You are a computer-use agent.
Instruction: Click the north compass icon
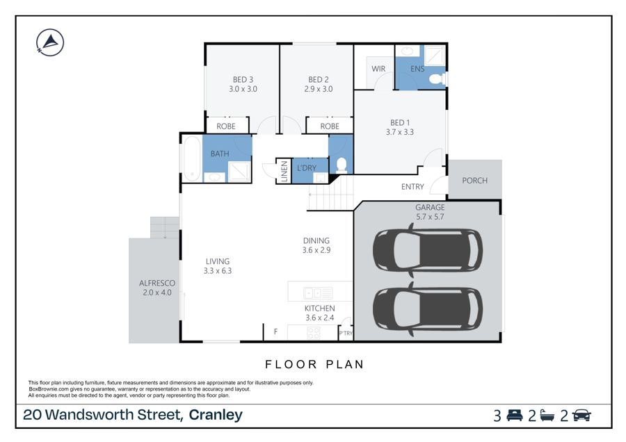[50, 42]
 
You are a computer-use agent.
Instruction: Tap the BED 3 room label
[243, 80]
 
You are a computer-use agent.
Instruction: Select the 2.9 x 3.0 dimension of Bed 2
[318, 89]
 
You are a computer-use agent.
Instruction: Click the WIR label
[378, 69]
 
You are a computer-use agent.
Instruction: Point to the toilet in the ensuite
[438, 79]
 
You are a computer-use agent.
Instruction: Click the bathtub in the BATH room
[192, 158]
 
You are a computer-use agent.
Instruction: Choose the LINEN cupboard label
[284, 171]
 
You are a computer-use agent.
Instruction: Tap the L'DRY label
[307, 168]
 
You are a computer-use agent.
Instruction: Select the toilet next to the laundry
[342, 165]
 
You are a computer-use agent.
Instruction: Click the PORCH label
[474, 180]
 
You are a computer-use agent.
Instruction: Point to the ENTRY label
[412, 187]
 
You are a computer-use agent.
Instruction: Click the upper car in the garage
[428, 250]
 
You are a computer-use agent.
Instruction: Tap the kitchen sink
[318, 293]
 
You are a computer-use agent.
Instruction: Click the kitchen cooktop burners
[314, 333]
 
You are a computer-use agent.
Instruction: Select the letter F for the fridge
[275, 331]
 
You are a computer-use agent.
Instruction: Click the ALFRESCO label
[157, 284]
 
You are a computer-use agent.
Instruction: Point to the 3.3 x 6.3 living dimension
[218, 271]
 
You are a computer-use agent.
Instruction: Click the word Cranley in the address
[216, 415]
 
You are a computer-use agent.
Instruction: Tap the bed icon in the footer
[515, 416]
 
